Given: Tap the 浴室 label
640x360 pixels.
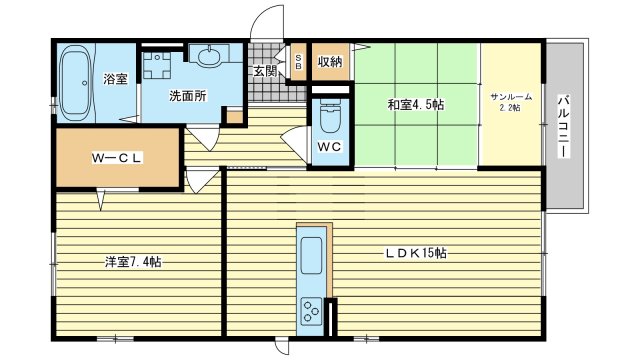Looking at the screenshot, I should (x=115, y=79).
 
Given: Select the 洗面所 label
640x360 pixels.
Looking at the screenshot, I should (x=187, y=97).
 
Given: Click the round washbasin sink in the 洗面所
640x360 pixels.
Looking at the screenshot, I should (x=211, y=57).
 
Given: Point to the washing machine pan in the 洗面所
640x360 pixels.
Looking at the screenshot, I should (x=158, y=65).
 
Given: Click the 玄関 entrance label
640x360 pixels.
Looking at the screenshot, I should (x=264, y=71).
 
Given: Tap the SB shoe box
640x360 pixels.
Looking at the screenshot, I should (x=298, y=63).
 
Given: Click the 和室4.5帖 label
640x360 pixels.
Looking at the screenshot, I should (x=413, y=103).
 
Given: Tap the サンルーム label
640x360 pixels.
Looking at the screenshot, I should (x=510, y=97).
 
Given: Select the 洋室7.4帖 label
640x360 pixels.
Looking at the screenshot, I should (x=133, y=263).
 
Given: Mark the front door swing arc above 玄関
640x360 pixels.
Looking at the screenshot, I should (x=264, y=22).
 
